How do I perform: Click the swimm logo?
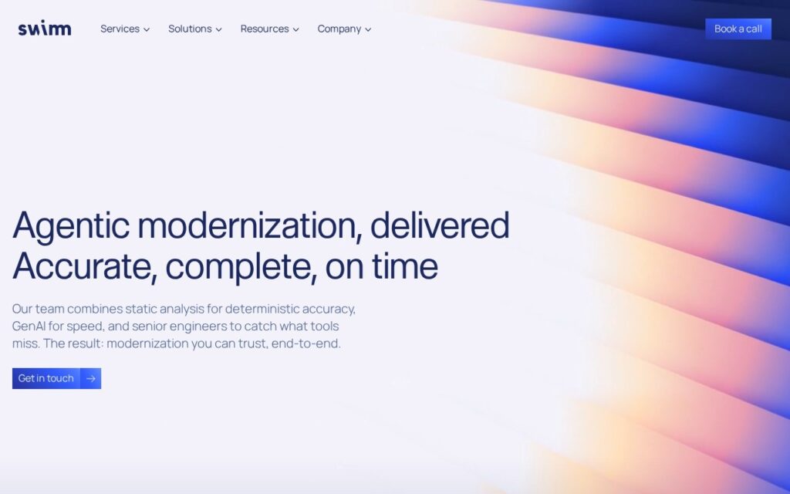pyautogui.click(x=44, y=29)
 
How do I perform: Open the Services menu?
pyautogui.click(x=125, y=29)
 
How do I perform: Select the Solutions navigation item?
pyautogui.click(x=195, y=29)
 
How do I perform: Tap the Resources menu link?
pyautogui.click(x=269, y=29)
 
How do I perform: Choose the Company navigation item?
pyautogui.click(x=344, y=29)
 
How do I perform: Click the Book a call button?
pyautogui.click(x=738, y=29)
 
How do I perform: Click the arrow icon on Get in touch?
pyautogui.click(x=91, y=378)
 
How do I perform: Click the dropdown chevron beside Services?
pyautogui.click(x=147, y=30)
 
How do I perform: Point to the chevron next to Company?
pyautogui.click(x=368, y=30)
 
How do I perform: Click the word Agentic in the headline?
pyautogui.click(x=71, y=226)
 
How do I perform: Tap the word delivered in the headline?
pyautogui.click(x=440, y=225)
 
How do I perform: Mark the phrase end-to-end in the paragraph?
pyautogui.click(x=306, y=343)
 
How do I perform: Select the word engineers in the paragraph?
pyautogui.click(x=198, y=327)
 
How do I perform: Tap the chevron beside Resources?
pyautogui.click(x=296, y=30)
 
